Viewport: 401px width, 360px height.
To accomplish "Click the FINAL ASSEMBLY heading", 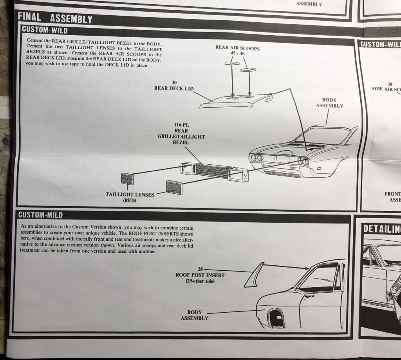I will pos(55,19).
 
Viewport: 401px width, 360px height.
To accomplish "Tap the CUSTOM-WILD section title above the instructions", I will pos(44,30).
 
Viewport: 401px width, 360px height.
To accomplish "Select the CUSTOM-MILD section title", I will pos(40,214).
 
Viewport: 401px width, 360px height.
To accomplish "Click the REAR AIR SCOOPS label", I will pos(237,48).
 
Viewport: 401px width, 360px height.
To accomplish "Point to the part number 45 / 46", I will pos(237,54).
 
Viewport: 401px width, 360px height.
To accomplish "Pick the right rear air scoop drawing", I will pos(247,69).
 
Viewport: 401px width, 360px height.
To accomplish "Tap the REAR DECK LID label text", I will pos(173,88).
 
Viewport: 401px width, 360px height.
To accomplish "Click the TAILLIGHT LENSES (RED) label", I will pos(130,197).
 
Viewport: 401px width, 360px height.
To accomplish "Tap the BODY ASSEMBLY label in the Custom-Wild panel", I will pos(329,103).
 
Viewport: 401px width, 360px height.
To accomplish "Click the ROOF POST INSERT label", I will pos(200,275).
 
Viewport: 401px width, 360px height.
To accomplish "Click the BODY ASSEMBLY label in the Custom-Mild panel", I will pos(194,315).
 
